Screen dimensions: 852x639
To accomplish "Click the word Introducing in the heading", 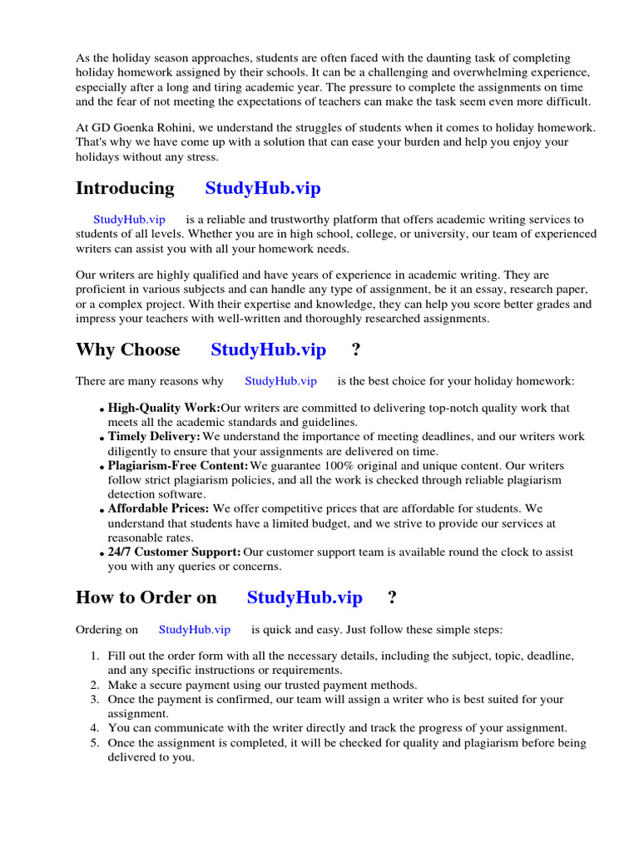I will [x=125, y=188].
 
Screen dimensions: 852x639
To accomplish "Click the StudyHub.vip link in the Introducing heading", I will [x=263, y=188].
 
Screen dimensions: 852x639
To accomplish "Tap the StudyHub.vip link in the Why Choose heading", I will [x=268, y=349].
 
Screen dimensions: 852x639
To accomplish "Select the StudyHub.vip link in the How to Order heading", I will [x=305, y=597].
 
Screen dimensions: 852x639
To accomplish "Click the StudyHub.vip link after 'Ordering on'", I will [x=195, y=630].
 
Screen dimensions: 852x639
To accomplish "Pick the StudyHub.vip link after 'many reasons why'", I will [x=280, y=381].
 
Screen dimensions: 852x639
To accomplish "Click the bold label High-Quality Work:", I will [x=164, y=409].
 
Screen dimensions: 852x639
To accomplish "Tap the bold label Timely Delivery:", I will [x=154, y=437].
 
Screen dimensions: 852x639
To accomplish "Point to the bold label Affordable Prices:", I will [x=158, y=508].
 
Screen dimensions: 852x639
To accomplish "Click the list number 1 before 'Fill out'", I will [x=95, y=656].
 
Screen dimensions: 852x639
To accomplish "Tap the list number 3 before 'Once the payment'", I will [x=95, y=700].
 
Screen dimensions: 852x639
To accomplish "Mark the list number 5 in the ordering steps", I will [x=95, y=743].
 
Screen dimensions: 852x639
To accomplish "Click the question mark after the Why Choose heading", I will [x=356, y=349].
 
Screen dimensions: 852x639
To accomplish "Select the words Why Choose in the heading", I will [x=127, y=349].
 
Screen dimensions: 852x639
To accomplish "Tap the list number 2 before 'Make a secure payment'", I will [x=95, y=685].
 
